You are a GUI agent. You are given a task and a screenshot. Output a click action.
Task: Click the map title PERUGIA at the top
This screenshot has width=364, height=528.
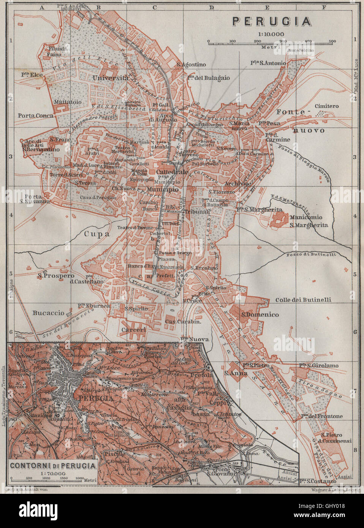tap(272, 21)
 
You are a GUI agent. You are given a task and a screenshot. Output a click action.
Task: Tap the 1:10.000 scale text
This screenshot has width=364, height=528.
tap(272, 34)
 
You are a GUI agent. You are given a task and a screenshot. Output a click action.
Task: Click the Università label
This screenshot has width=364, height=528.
tap(110, 77)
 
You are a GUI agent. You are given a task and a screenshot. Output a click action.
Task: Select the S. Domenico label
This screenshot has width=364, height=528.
tap(260, 315)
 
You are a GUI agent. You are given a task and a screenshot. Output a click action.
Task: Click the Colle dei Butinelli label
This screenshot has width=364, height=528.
tap(303, 300)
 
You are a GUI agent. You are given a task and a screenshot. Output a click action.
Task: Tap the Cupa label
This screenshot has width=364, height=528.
tap(97, 234)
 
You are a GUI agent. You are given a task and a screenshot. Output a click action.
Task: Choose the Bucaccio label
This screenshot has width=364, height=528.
tap(48, 313)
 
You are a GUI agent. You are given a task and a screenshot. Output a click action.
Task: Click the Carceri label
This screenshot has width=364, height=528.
tap(133, 330)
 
